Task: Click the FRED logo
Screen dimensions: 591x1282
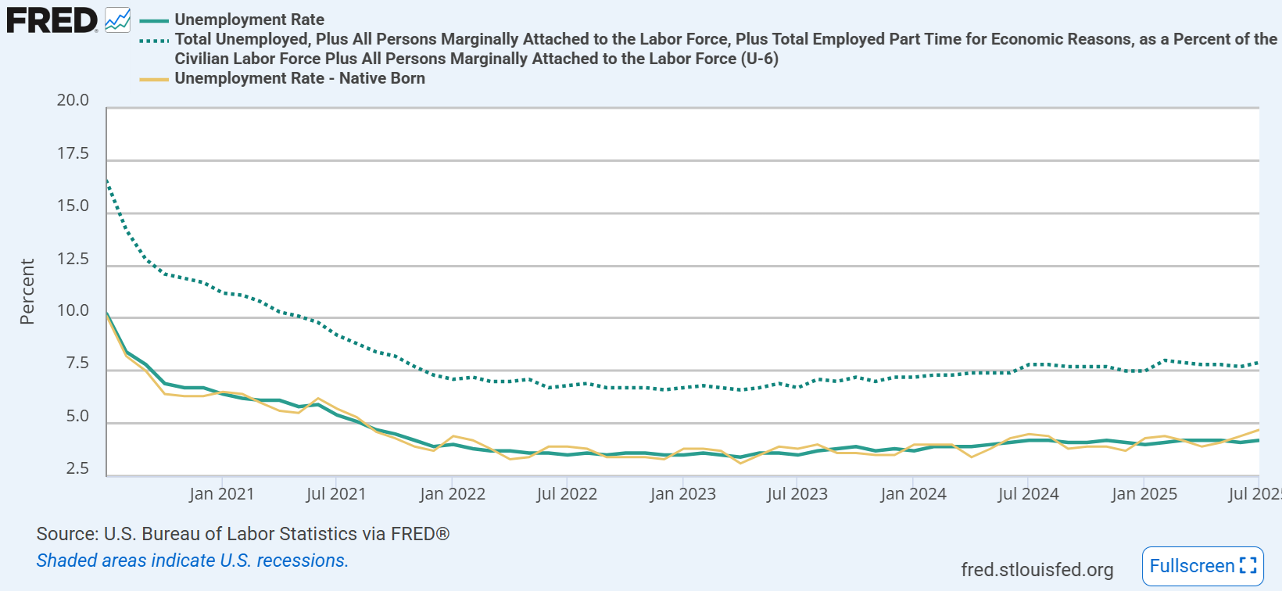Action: coord(52,20)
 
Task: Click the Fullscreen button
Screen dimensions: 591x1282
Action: coord(1202,566)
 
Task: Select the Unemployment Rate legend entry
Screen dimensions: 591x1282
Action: coord(249,20)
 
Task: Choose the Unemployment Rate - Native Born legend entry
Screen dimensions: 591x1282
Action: coord(299,78)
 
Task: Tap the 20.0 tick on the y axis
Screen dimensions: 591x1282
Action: coord(73,100)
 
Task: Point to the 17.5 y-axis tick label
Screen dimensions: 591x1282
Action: coord(73,153)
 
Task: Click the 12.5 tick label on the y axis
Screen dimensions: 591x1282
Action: coord(73,259)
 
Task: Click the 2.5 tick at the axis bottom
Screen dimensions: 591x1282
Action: coord(77,468)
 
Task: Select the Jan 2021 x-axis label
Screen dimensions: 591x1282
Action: coord(221,494)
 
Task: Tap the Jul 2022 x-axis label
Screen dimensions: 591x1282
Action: coord(567,494)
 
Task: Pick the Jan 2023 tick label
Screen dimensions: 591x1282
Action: coord(682,494)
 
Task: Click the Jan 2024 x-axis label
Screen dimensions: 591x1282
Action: coord(913,494)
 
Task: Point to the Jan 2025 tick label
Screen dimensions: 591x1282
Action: coord(1144,494)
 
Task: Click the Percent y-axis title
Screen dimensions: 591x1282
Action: coord(27,291)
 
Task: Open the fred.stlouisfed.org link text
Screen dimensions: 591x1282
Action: coord(1037,570)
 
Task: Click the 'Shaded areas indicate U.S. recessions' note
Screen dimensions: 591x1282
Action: coord(192,561)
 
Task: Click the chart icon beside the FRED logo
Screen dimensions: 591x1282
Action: coord(118,20)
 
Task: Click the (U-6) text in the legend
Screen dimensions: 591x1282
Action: coord(759,59)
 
